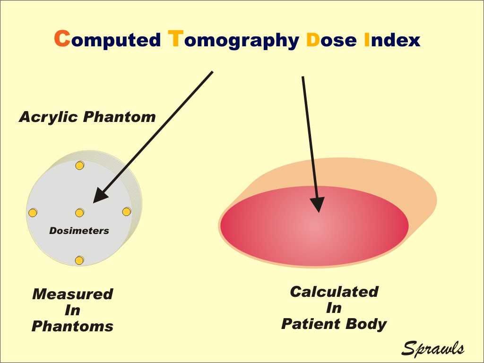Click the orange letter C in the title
click(x=62, y=38)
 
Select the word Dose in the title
click(x=331, y=40)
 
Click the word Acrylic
click(x=48, y=118)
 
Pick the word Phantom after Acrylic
click(x=119, y=117)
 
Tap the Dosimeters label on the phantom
click(x=79, y=231)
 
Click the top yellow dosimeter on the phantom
click(x=79, y=165)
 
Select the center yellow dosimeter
click(x=79, y=213)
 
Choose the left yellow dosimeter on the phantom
click(x=33, y=213)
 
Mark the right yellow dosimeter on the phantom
click(x=127, y=212)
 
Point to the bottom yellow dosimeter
click(x=79, y=260)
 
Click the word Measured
click(x=72, y=294)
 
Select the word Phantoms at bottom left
click(x=72, y=326)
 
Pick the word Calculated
click(x=334, y=292)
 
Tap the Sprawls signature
click(x=433, y=348)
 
